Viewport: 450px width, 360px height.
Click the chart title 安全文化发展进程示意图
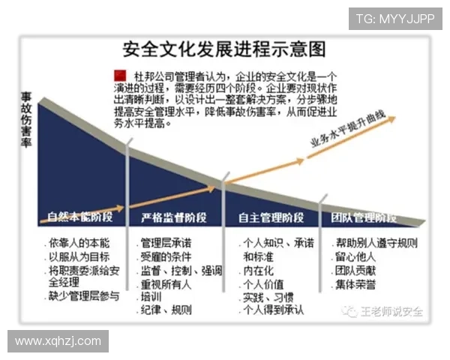point(224,50)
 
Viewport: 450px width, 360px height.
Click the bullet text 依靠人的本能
point(79,243)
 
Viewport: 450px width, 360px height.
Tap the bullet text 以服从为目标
point(79,256)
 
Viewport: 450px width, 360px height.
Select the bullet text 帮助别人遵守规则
point(377,243)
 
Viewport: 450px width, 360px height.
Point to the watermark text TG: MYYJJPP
point(394,18)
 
